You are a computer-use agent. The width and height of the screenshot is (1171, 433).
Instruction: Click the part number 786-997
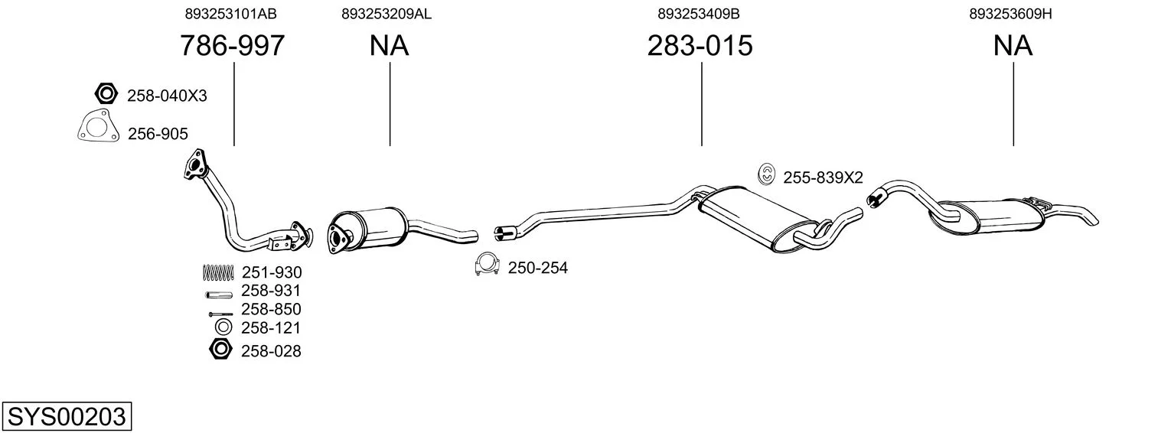232,45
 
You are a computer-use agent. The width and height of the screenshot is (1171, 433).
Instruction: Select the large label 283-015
700,45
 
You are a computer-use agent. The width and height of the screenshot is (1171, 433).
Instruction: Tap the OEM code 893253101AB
230,14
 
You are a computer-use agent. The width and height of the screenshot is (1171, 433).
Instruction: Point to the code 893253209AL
387,14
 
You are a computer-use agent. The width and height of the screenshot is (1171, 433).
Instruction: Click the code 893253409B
699,14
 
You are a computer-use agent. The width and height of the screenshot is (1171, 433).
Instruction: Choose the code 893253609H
1010,14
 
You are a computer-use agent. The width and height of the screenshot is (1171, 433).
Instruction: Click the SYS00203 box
67,416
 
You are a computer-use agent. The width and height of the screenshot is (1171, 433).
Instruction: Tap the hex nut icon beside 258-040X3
106,94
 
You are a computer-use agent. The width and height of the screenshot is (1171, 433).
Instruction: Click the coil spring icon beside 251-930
218,272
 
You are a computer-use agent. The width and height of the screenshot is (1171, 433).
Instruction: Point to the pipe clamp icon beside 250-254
487,265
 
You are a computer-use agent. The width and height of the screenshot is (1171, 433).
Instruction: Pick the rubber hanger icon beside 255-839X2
766,174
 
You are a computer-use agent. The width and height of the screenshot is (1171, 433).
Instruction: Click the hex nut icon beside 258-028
220,349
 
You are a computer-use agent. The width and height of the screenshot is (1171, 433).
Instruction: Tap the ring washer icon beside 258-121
223,327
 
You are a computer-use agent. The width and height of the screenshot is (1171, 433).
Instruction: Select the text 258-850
271,309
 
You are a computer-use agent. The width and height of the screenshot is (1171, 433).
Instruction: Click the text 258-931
271,291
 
